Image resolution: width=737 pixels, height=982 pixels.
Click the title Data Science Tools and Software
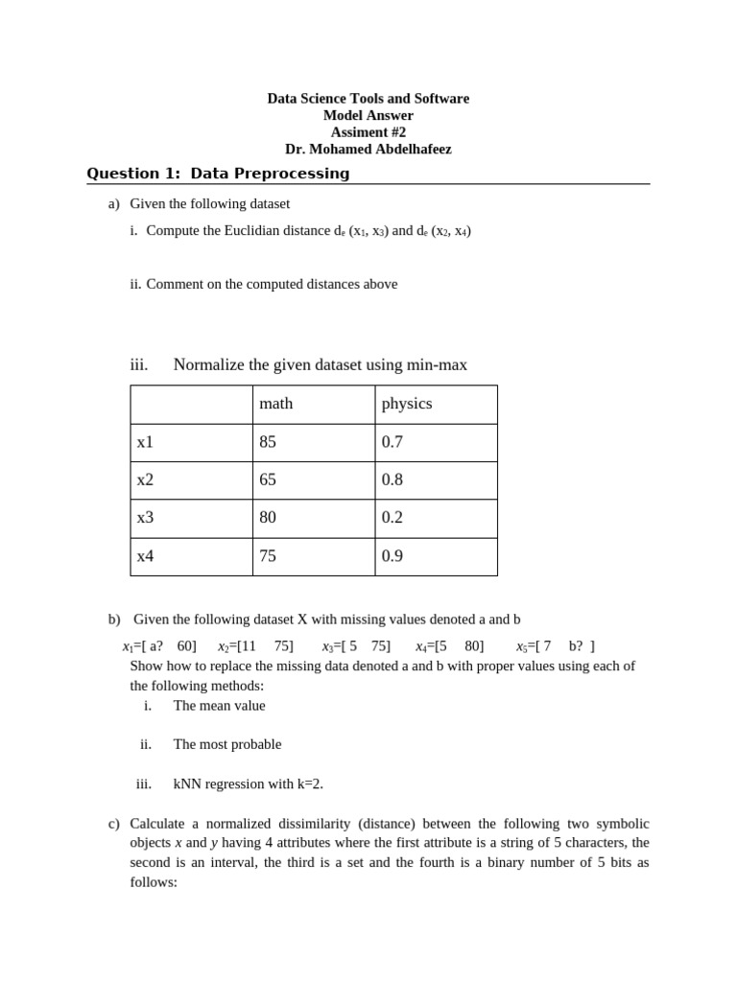click(368, 99)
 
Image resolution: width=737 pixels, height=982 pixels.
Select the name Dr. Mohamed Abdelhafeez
click(368, 150)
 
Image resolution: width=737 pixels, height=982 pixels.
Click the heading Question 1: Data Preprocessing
click(218, 174)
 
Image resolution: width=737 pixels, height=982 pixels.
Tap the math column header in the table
click(275, 404)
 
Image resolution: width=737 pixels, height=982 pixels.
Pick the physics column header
click(407, 404)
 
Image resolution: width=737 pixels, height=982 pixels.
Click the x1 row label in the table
click(145, 442)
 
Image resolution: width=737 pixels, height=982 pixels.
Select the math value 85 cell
click(268, 442)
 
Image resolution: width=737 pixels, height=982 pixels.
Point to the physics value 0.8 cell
click(392, 479)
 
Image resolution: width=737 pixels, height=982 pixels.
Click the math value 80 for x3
click(268, 518)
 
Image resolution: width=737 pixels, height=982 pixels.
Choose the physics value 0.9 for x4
click(392, 556)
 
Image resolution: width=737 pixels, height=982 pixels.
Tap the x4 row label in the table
click(145, 556)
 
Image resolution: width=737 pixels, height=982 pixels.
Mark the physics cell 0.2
click(392, 518)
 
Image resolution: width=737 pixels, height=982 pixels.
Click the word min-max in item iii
click(437, 364)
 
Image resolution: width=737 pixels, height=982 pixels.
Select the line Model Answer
click(368, 116)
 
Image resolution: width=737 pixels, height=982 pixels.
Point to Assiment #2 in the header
click(368, 132)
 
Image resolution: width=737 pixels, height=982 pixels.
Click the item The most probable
click(227, 744)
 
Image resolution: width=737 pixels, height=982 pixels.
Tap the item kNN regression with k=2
click(248, 783)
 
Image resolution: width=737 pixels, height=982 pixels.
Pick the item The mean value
click(219, 706)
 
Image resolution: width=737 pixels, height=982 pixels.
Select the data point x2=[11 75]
click(255, 646)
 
